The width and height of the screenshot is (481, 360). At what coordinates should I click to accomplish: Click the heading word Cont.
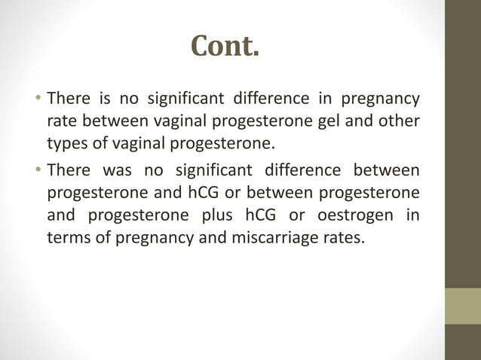[225, 47]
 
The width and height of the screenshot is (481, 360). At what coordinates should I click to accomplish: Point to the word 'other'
[397, 122]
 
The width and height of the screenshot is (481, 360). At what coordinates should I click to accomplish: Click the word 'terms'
[69, 239]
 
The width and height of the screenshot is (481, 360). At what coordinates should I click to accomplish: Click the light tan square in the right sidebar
[463, 306]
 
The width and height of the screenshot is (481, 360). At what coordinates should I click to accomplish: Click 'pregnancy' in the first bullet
[381, 99]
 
